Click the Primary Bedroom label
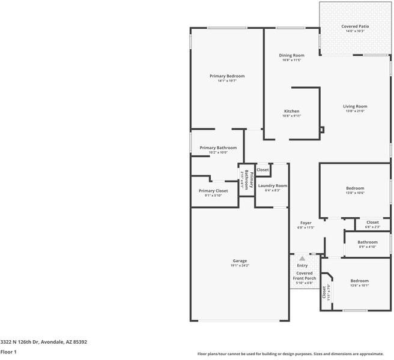click(x=227, y=76)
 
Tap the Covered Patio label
click(x=355, y=26)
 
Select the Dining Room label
click(x=291, y=55)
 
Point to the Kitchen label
click(x=291, y=111)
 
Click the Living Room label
click(x=355, y=106)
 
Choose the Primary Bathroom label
click(x=218, y=148)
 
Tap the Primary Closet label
click(x=213, y=191)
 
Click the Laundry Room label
click(x=273, y=185)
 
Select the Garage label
click(x=240, y=261)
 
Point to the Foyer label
click(x=306, y=223)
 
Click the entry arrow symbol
click(x=302, y=259)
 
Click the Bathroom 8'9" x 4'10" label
click(x=368, y=242)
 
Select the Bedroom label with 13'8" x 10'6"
click(x=355, y=188)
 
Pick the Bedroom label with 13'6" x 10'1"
click(x=359, y=281)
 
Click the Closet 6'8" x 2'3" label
click(x=372, y=222)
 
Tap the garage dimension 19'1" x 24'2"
click(x=240, y=265)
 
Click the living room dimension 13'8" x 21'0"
click(x=355, y=111)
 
